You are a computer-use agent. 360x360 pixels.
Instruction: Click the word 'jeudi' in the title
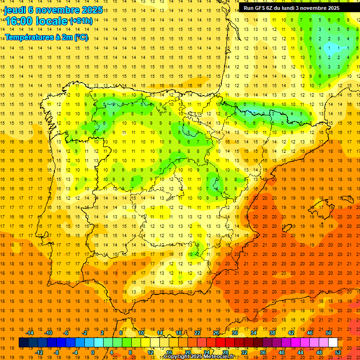15,10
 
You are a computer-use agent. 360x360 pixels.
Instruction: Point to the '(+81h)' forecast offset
81,21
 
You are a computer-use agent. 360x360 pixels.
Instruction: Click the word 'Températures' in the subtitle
28,37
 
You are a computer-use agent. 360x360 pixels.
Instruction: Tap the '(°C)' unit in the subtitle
80,37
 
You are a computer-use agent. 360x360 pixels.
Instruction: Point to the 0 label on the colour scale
92,352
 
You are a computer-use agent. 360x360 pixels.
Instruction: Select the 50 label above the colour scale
328,333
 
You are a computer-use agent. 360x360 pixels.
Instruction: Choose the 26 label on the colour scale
216,333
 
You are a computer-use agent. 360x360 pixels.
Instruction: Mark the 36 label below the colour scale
262,352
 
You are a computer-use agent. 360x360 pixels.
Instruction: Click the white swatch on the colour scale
333,343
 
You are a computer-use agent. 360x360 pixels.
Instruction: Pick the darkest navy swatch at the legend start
23,343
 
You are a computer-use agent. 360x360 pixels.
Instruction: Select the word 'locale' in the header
51,21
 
